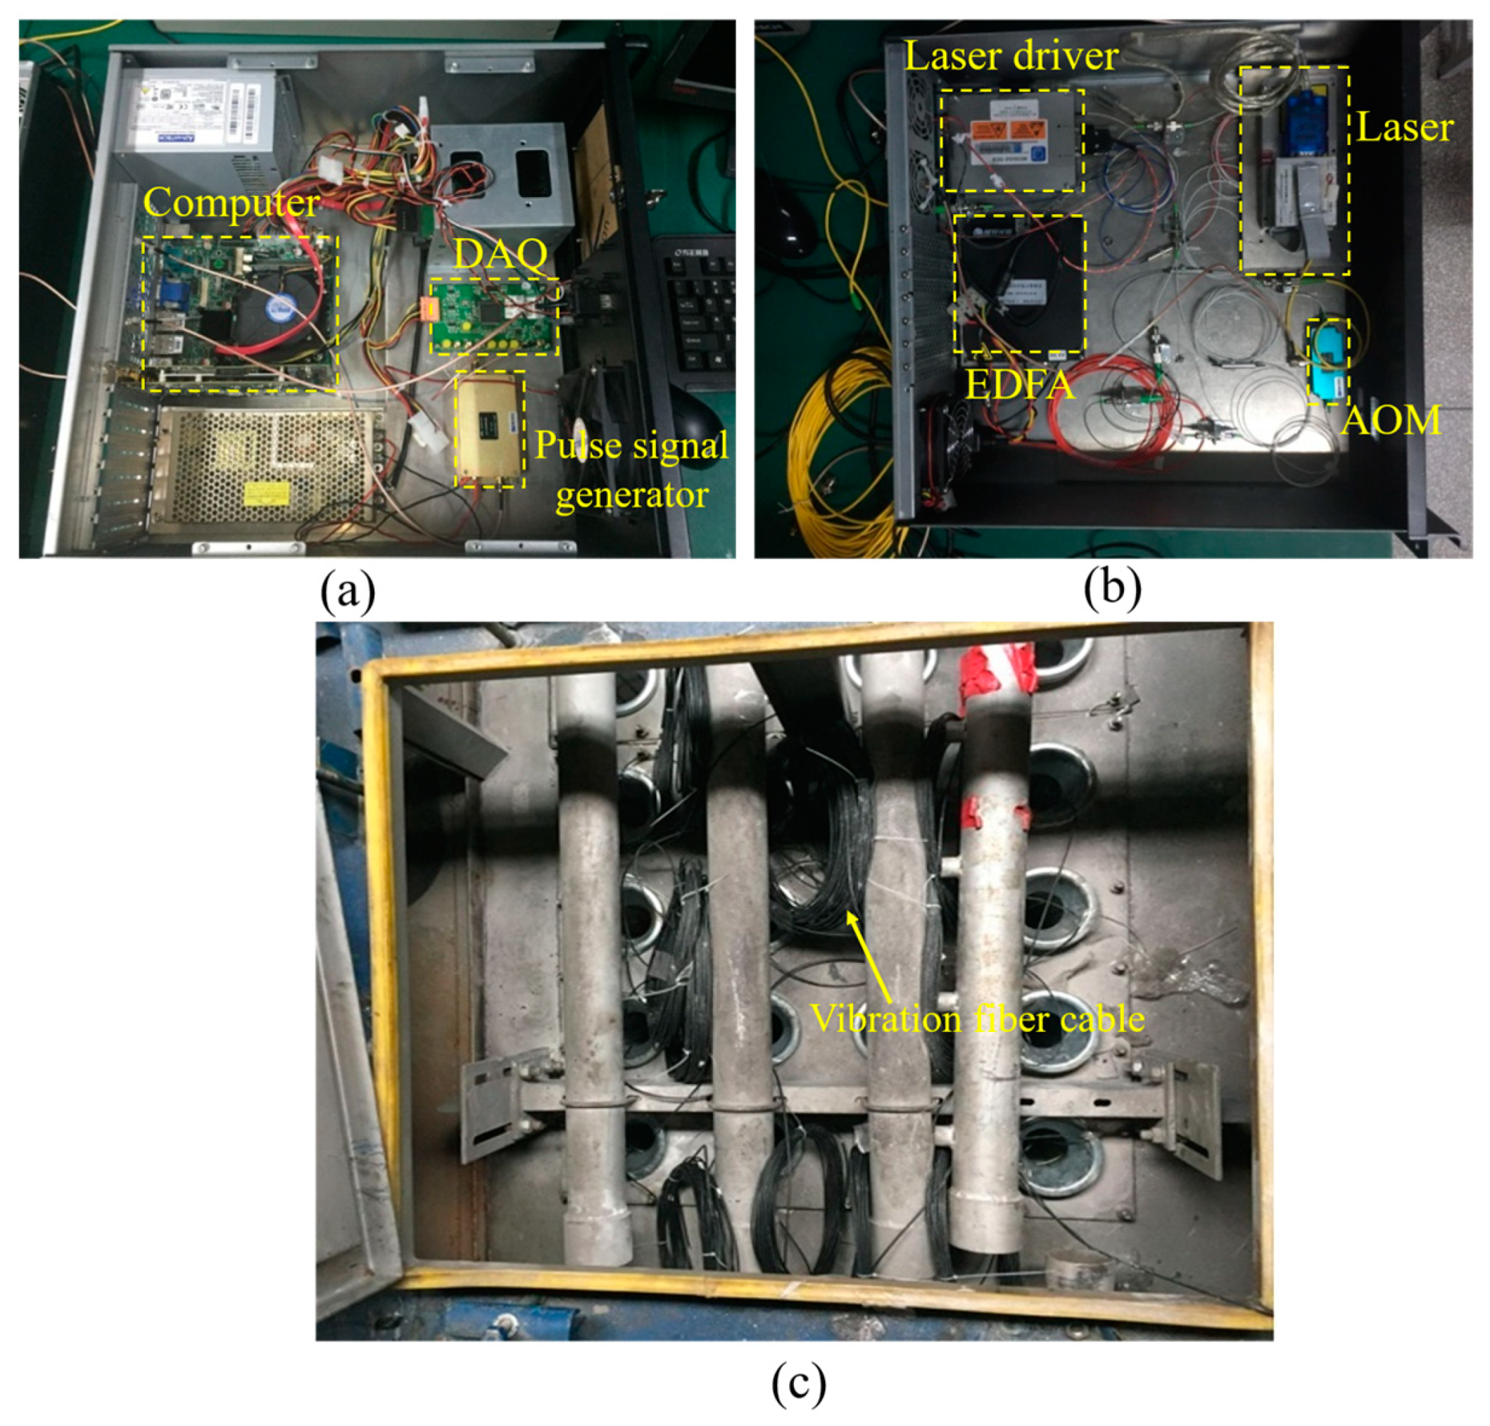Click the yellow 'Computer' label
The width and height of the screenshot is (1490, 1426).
tap(231, 203)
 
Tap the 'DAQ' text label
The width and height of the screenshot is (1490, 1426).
tap(499, 255)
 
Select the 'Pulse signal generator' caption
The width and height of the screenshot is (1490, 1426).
tap(631, 469)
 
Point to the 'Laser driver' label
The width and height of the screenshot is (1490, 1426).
tap(1011, 57)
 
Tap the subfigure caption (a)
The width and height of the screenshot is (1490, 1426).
tap(347, 593)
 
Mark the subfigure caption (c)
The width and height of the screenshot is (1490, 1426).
tap(797, 1385)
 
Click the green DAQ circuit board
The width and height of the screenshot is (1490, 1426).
tap(493, 317)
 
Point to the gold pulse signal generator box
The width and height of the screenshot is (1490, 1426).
tap(489, 429)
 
